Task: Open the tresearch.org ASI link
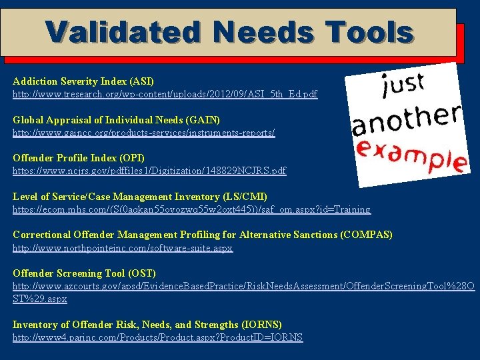(165, 95)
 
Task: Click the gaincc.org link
(143, 133)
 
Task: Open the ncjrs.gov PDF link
(149, 171)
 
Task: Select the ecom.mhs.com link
(191, 209)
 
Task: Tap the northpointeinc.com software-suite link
(123, 248)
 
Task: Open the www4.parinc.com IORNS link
(157, 337)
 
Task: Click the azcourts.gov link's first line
(243, 286)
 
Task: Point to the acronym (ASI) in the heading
(142, 81)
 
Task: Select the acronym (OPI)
(132, 158)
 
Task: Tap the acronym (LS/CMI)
(243, 197)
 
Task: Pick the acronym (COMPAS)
(366, 235)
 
